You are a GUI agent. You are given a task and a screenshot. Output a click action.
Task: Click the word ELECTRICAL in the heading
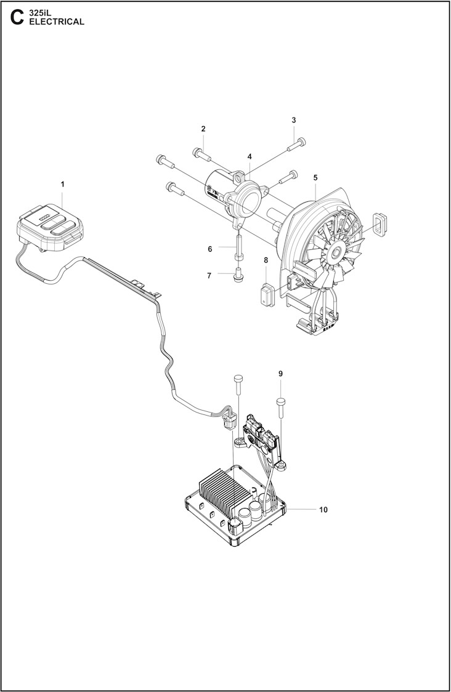coord(57,22)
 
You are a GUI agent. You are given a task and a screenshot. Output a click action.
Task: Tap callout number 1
coord(62,184)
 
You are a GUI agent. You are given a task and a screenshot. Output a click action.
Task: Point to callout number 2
coord(203,129)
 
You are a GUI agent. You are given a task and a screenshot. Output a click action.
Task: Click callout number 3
coord(294,120)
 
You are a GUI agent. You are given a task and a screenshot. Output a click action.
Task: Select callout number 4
coord(250,157)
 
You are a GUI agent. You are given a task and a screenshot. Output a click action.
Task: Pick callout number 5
coord(315,177)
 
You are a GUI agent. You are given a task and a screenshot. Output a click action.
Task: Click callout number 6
coord(209,249)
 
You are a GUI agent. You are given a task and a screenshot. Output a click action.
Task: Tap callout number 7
coord(209,275)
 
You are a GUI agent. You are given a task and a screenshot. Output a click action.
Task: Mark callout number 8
coord(266,260)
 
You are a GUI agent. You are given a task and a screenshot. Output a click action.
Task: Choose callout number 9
coord(280,374)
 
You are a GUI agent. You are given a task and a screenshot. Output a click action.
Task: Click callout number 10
coord(323,510)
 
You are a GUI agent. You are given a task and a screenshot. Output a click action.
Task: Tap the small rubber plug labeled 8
coord(266,292)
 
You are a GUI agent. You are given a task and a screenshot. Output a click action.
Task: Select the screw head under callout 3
coord(295,144)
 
